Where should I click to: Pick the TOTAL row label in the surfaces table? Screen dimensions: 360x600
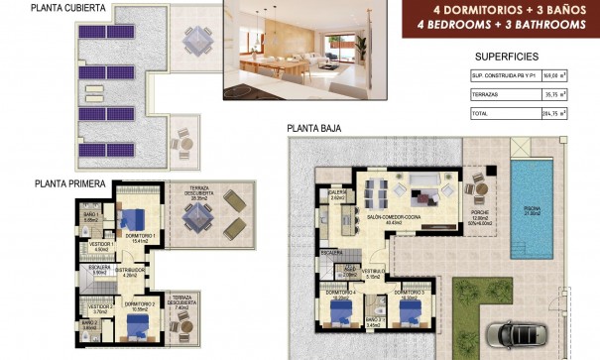(x=481, y=114)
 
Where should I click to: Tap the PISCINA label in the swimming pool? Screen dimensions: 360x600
(x=533, y=208)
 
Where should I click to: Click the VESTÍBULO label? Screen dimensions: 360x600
(x=372, y=272)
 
